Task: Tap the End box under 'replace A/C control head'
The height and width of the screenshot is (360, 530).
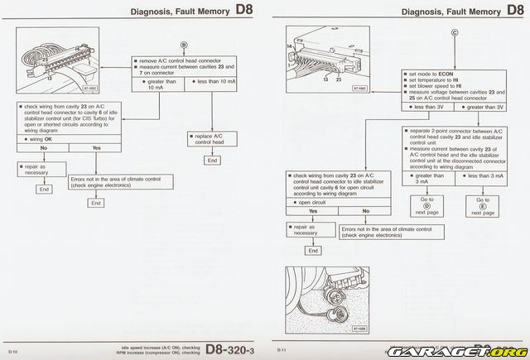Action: (213, 160)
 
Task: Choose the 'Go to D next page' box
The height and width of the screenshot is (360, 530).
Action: (427, 207)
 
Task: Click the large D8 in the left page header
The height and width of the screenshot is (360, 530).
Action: (242, 11)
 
